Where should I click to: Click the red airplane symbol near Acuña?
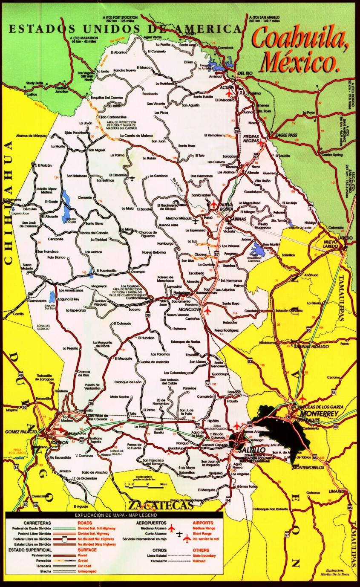[229, 93]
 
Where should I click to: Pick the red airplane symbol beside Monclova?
[207, 310]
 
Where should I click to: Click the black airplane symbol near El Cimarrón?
[132, 178]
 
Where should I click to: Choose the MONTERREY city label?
[319, 414]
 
